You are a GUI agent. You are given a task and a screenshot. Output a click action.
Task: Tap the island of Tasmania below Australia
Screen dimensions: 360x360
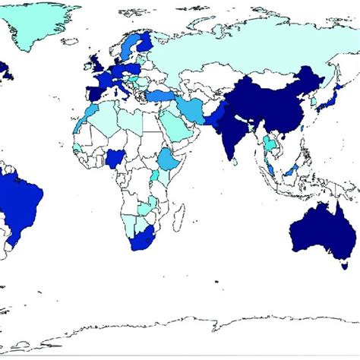(344, 266)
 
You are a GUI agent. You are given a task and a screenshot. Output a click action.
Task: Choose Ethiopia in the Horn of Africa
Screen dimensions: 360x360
(169, 159)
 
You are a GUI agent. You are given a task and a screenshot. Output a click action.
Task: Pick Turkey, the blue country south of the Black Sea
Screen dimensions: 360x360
(160, 96)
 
